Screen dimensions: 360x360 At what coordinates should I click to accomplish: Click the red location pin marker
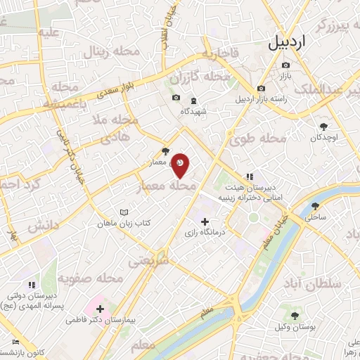coord(181,165)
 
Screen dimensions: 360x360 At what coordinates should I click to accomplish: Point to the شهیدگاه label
coord(191,112)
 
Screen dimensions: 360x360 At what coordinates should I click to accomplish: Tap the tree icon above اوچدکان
coord(323,127)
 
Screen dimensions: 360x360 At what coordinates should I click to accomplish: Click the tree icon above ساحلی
coord(314,207)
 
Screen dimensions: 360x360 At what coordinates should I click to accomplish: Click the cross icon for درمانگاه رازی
coord(205,221)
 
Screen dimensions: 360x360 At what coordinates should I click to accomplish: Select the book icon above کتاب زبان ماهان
coord(124,212)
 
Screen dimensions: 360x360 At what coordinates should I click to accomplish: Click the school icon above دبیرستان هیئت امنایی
coord(248,176)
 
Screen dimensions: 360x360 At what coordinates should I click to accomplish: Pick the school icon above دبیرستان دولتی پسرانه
coord(31,285)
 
